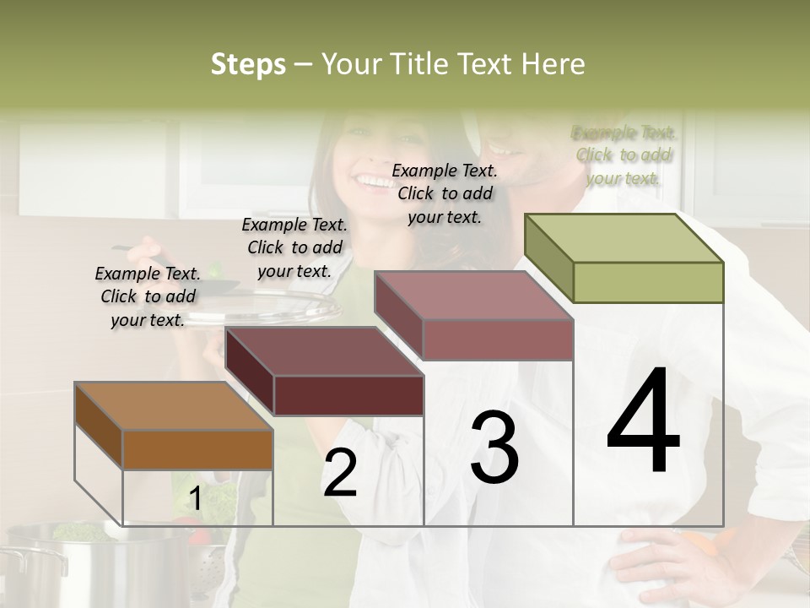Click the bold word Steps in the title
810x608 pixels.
tap(248, 64)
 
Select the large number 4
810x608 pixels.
tap(643, 422)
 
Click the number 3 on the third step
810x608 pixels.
tap(494, 448)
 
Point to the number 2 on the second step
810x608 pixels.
tap(340, 473)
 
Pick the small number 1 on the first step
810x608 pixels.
tap(194, 499)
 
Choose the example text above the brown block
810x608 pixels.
tap(148, 296)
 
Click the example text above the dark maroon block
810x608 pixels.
tap(294, 247)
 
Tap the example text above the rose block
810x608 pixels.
tap(445, 193)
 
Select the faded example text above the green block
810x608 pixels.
tap(624, 155)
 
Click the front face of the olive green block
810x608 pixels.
tap(648, 282)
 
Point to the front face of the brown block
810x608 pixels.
tap(197, 449)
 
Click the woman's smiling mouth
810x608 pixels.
tap(371, 179)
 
